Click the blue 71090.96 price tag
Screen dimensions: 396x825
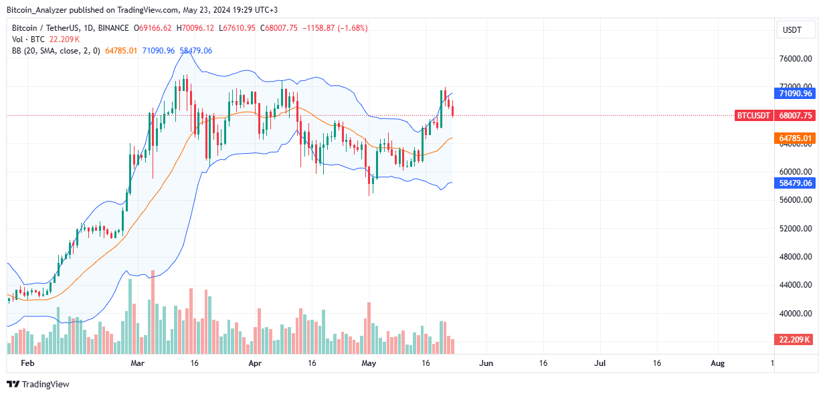pyautogui.click(x=795, y=94)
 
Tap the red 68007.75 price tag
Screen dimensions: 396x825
pyautogui.click(x=795, y=115)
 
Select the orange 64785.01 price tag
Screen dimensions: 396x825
pyautogui.click(x=795, y=138)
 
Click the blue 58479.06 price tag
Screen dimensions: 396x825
pyautogui.click(x=795, y=182)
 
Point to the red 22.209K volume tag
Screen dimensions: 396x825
pyautogui.click(x=795, y=340)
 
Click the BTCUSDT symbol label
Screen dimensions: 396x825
pyautogui.click(x=754, y=115)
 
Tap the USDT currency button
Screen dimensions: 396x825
pyautogui.click(x=796, y=30)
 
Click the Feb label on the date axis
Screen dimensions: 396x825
pyautogui.click(x=27, y=363)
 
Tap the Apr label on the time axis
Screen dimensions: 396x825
pyautogui.click(x=254, y=363)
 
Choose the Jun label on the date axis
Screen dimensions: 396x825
pyautogui.click(x=486, y=363)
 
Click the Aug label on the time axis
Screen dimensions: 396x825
pyautogui.click(x=717, y=363)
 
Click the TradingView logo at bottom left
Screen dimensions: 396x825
pyautogui.click(x=38, y=384)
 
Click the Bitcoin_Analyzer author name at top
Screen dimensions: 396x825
pyautogui.click(x=37, y=9)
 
